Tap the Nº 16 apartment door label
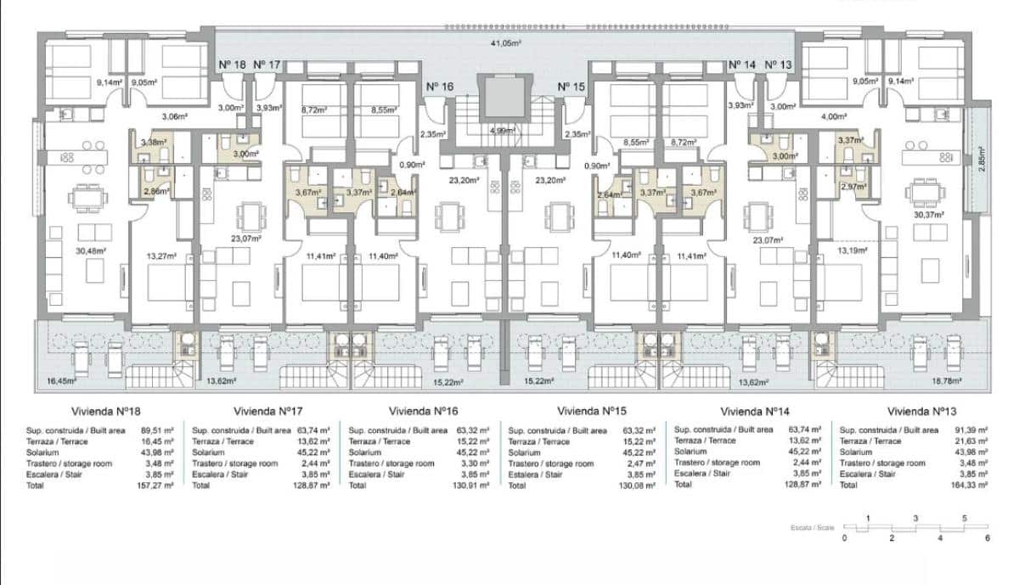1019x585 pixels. tap(440, 87)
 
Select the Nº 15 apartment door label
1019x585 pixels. tap(571, 87)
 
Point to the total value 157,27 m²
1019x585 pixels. tap(157, 487)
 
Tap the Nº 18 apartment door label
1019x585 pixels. tap(233, 65)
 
